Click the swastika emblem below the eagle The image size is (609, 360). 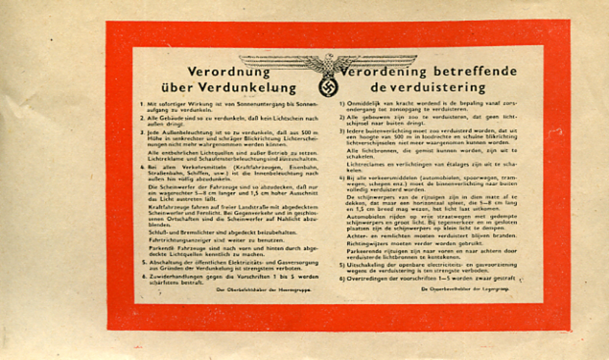click(x=327, y=86)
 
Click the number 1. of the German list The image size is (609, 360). click(x=142, y=105)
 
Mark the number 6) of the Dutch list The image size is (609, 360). click(x=342, y=279)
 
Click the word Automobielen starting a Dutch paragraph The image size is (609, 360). click(x=364, y=216)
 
